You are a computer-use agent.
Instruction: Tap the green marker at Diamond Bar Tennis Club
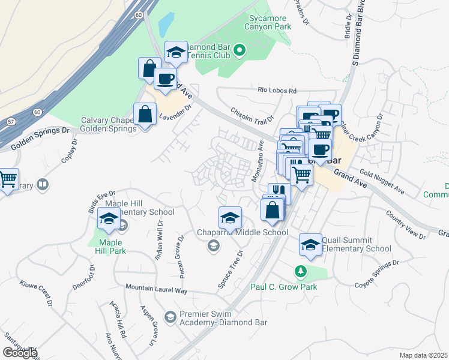coord(240,50)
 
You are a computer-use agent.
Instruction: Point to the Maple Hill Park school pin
coord(109,220)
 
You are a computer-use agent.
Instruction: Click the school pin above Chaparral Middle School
coord(230,218)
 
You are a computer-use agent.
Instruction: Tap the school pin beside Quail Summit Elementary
coord(310,245)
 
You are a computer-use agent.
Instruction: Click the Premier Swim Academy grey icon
coord(170,316)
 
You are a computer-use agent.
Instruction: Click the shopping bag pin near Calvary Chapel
coord(145,114)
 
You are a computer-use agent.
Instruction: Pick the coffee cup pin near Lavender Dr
coord(165,79)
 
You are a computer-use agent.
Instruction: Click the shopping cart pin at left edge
coord(7,179)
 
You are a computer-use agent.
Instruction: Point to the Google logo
coord(20,353)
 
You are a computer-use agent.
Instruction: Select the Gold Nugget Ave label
coord(382,184)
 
